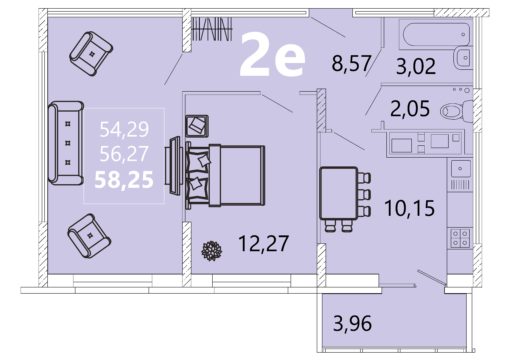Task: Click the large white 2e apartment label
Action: click(x=272, y=55)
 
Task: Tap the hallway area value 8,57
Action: click(x=351, y=63)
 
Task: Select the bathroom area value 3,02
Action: click(x=416, y=66)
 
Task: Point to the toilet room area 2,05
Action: click(x=410, y=109)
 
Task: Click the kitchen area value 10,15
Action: click(x=410, y=208)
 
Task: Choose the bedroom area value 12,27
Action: click(x=263, y=243)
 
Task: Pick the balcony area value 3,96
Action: click(x=352, y=323)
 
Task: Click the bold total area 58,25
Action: click(x=124, y=180)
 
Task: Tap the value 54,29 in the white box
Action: click(x=124, y=129)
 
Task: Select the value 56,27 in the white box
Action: click(x=124, y=154)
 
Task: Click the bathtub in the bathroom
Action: click(x=437, y=34)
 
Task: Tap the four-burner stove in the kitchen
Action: click(x=460, y=238)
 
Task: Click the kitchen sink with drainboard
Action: click(x=460, y=175)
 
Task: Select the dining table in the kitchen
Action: click(x=345, y=198)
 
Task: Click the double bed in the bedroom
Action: click(x=225, y=175)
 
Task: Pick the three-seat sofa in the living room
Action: click(x=66, y=143)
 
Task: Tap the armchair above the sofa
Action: click(x=91, y=53)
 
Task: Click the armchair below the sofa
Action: click(x=89, y=235)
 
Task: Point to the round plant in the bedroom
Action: click(x=212, y=251)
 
